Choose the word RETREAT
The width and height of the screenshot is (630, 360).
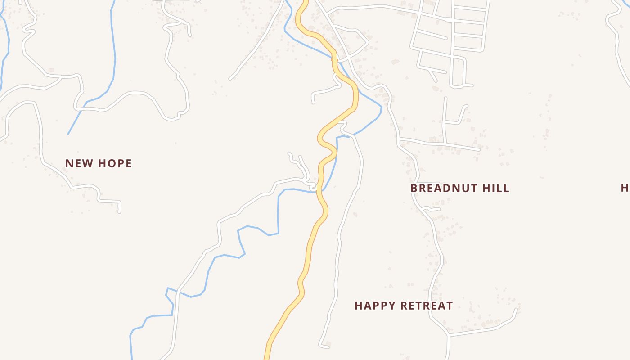pyautogui.click(x=427, y=306)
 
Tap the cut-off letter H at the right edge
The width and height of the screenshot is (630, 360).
pyautogui.click(x=625, y=188)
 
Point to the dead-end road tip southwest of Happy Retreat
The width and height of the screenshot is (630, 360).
pyautogui.click(x=321, y=345)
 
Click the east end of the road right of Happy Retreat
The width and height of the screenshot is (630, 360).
pyautogui.click(x=516, y=309)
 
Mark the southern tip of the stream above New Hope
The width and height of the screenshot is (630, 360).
pyautogui.click(x=68, y=134)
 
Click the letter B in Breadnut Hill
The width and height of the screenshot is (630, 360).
pyautogui.click(x=414, y=188)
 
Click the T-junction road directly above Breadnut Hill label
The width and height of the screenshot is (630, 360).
pyautogui.click(x=445, y=144)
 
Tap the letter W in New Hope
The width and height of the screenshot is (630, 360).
pyautogui.click(x=90, y=163)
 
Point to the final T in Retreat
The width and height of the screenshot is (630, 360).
pyautogui.click(x=449, y=306)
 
